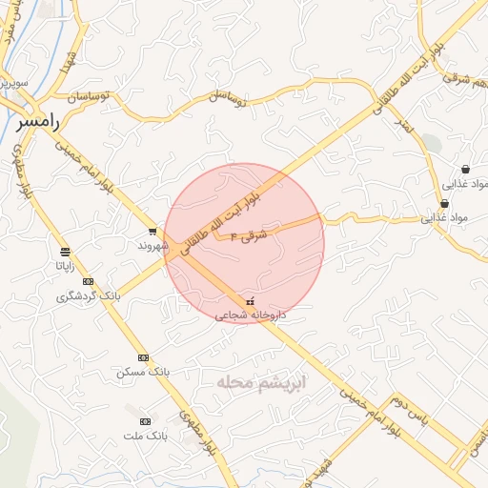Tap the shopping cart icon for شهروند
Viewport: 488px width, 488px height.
click(x=152, y=232)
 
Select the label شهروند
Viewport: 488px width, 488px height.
click(x=152, y=245)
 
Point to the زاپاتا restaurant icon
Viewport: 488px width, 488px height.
click(x=65, y=252)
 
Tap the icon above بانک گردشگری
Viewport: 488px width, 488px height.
click(x=89, y=281)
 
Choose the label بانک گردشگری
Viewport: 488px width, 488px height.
click(x=88, y=295)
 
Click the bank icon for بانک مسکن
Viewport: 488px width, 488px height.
click(x=143, y=357)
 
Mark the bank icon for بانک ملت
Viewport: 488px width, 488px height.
click(x=145, y=421)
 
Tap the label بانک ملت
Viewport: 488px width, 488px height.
click(x=145, y=436)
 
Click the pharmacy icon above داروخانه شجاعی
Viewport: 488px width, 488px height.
click(x=251, y=301)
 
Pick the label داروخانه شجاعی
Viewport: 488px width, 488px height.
click(x=251, y=315)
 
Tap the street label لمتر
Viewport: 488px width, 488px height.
click(x=403, y=125)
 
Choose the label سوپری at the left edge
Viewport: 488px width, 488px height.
click(x=13, y=83)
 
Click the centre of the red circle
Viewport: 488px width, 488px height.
click(x=244, y=243)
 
